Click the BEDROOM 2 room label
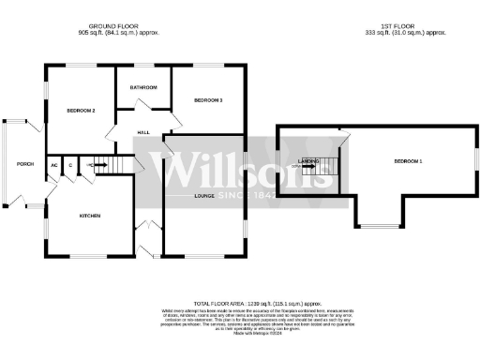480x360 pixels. tap(81, 111)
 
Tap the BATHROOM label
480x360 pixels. tap(143, 87)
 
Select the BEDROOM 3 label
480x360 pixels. tap(207, 99)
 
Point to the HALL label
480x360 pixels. tap(144, 133)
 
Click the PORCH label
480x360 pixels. tap(25, 164)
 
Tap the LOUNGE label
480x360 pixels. tap(204, 195)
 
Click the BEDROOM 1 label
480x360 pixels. tap(407, 162)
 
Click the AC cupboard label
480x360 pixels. tap(53, 165)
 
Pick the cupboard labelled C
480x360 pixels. tap(68, 165)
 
